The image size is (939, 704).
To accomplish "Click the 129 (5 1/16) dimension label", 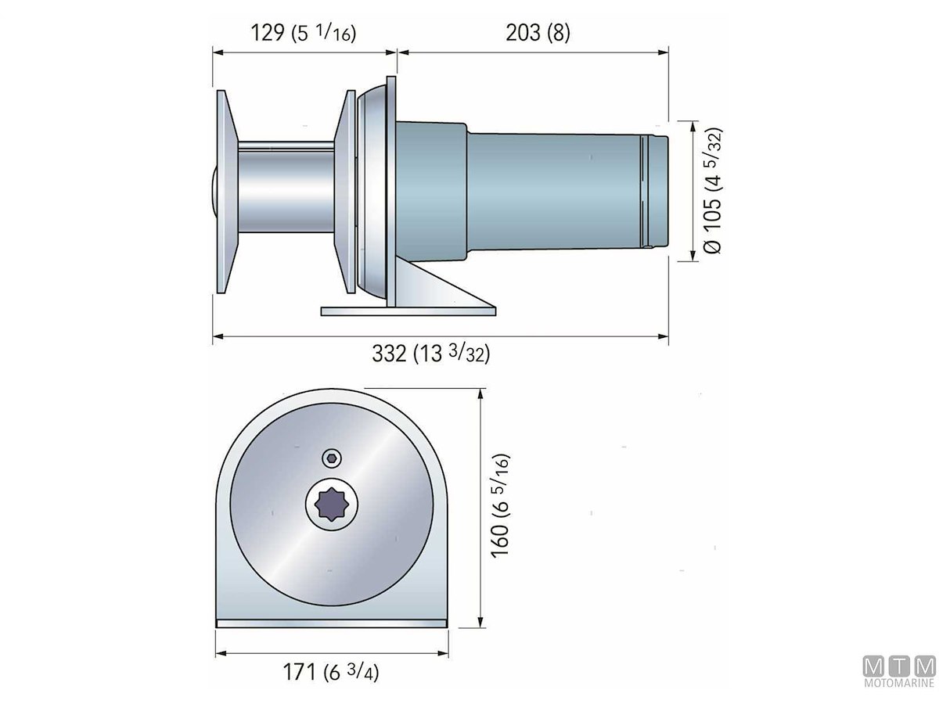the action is [303, 33].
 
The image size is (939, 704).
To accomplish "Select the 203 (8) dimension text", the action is [538, 33].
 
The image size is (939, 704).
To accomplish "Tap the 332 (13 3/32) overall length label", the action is [431, 354].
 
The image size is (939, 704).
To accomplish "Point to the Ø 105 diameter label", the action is [712, 190].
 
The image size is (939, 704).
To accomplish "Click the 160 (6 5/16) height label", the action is [500, 505].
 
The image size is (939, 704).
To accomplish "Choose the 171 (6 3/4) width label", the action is [331, 672].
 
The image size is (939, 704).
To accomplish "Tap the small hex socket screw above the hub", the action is [332, 458].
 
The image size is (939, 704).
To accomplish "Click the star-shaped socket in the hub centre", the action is [332, 505].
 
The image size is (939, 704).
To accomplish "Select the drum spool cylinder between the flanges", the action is [286, 187].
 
